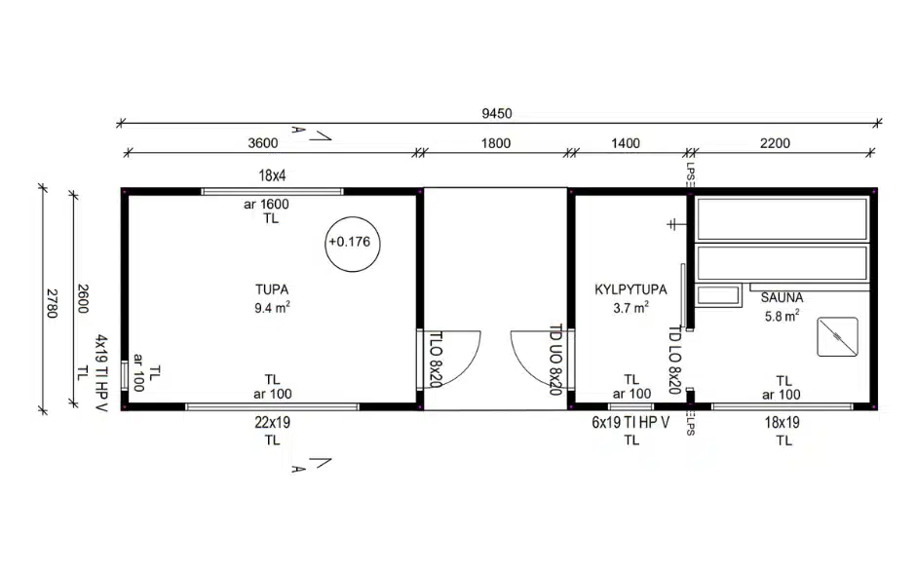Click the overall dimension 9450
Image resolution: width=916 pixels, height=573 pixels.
coord(497,113)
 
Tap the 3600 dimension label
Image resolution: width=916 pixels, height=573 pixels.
coord(263,143)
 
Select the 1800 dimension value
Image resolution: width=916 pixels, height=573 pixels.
coord(495,143)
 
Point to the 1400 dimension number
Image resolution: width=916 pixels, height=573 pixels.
coord(625,143)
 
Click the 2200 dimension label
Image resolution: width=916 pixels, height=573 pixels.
coord(775,143)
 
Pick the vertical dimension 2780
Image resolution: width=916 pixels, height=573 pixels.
coord(52,303)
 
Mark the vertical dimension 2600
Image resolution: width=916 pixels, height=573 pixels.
coord(83,298)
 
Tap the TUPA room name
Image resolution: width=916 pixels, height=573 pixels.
coord(272,289)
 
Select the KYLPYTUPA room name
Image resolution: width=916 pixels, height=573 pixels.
coord(630,289)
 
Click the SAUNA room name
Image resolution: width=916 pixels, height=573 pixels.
coord(782,297)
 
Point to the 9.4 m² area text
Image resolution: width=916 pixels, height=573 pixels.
coord(272,307)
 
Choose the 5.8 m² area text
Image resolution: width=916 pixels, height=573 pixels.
coord(782,316)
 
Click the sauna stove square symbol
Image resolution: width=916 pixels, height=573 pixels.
coord(837,336)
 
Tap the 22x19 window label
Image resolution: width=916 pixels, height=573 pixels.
coord(272,422)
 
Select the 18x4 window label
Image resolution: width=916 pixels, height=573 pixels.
coord(272,175)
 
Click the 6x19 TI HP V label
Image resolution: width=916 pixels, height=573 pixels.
coord(630,422)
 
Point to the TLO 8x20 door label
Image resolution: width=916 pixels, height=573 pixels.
coord(436,360)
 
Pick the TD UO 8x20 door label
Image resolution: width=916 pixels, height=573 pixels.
coord(556,360)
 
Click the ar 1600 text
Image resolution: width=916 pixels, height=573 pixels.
coord(266,205)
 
